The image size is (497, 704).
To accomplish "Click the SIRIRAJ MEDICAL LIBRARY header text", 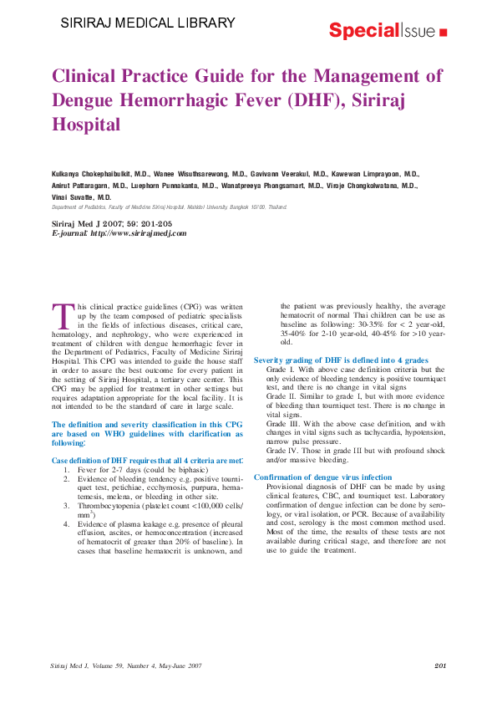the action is click(x=148, y=23).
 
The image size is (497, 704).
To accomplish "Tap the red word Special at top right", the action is click(x=363, y=31).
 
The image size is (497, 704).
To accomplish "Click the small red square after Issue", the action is click(x=442, y=33).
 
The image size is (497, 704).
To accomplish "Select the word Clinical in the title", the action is click(x=91, y=77).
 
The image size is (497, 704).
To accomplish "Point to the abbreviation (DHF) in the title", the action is click(x=312, y=101).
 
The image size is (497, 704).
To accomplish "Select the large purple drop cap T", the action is click(x=63, y=316).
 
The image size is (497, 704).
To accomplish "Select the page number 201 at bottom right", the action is click(x=441, y=665).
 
